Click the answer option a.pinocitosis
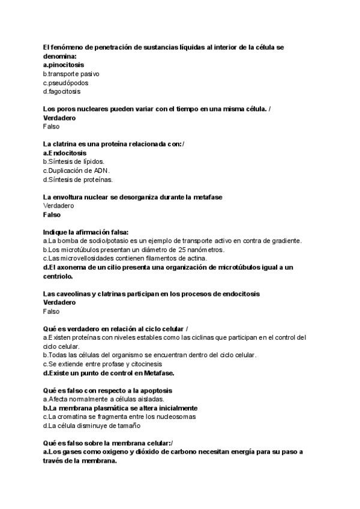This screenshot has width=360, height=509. pyautogui.click(x=64, y=64)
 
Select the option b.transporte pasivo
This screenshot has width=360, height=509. pyautogui.click(x=71, y=74)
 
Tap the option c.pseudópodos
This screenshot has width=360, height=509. pyautogui.click(x=67, y=83)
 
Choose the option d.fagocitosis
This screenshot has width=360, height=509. pyautogui.click(x=62, y=92)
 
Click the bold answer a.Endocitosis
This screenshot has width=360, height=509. pyautogui.click(x=65, y=153)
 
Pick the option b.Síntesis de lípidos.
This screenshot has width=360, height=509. pyautogui.click(x=74, y=161)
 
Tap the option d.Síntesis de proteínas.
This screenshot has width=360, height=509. pyautogui.click(x=78, y=179)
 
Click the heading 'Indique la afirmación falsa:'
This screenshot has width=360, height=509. pyautogui.click(x=86, y=232)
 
